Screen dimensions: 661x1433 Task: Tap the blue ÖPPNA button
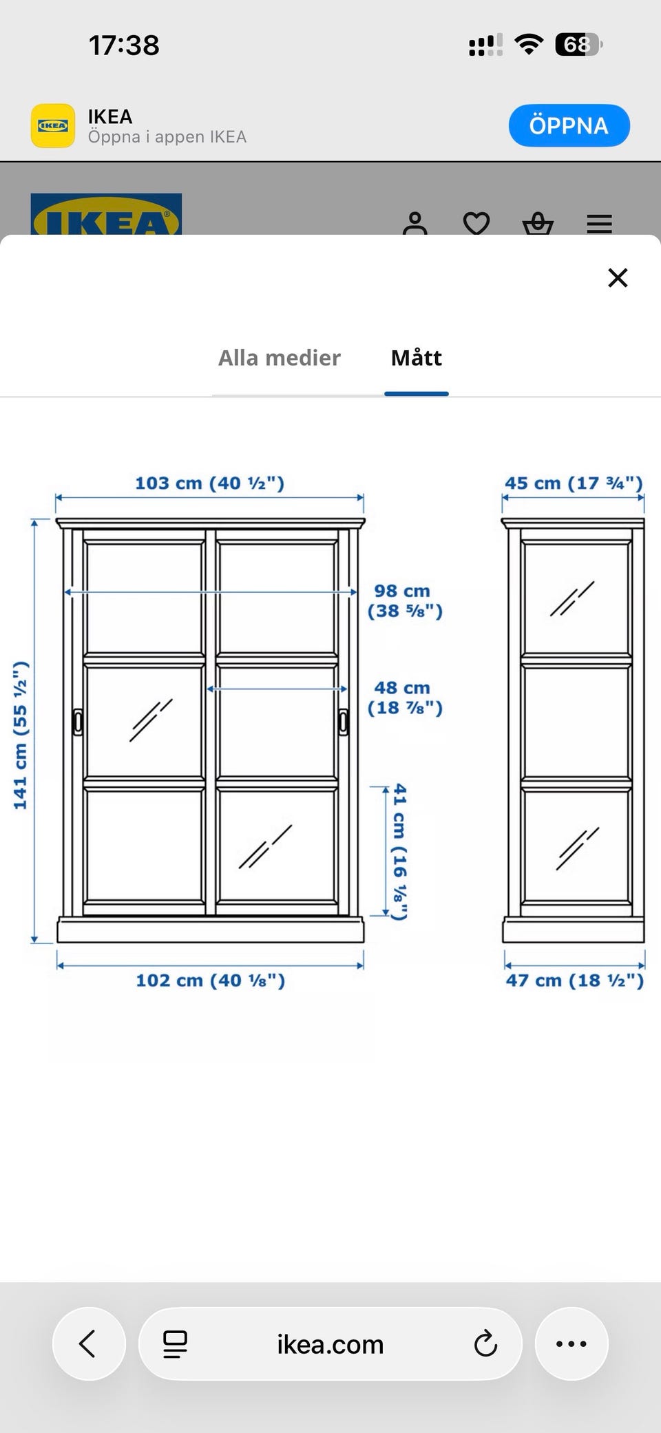click(569, 125)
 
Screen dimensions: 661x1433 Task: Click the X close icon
click(618, 278)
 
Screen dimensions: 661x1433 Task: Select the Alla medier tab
click(280, 358)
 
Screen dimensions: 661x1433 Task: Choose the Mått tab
click(417, 358)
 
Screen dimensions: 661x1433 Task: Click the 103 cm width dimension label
click(209, 483)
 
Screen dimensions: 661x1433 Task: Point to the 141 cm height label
click(21, 735)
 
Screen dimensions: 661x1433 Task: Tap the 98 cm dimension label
click(405, 600)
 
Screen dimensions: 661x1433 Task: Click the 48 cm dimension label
click(405, 698)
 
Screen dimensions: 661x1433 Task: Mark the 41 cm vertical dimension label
click(399, 852)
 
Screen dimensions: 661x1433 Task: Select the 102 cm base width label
click(210, 980)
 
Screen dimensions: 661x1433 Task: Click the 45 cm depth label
click(574, 483)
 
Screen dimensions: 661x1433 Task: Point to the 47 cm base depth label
click(575, 980)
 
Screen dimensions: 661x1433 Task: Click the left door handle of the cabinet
click(78, 722)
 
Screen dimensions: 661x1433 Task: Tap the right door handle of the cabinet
click(344, 722)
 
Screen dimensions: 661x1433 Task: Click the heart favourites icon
click(476, 223)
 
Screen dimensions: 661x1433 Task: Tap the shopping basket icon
click(538, 224)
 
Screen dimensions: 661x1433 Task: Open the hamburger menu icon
click(599, 224)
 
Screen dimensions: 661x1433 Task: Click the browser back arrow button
click(89, 1343)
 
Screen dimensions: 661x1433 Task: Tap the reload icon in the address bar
click(485, 1343)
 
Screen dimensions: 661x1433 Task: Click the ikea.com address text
click(330, 1343)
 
